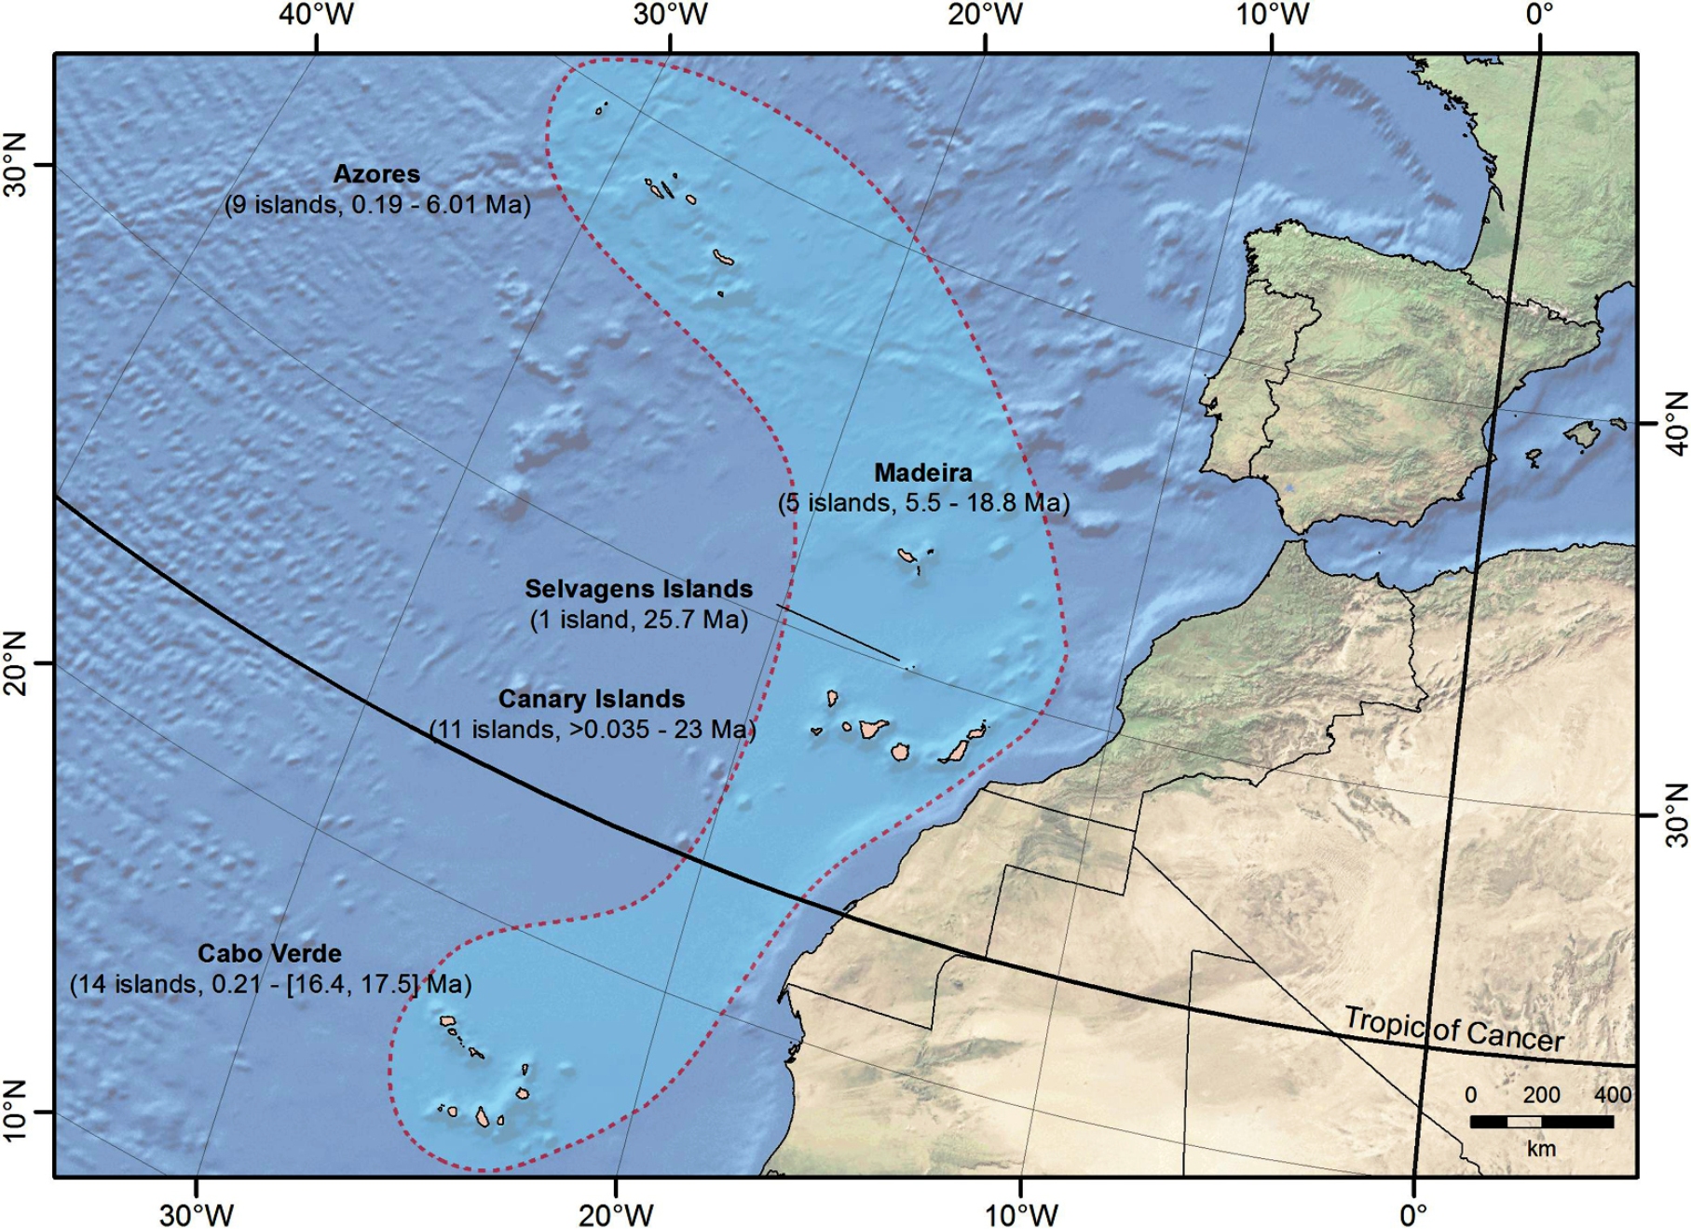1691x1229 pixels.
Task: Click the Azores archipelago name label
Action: pyautogui.click(x=376, y=174)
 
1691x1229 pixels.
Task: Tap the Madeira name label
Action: pyautogui.click(x=922, y=472)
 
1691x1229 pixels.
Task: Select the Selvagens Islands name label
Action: pyautogui.click(x=638, y=589)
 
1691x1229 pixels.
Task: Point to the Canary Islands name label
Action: pyautogui.click(x=592, y=699)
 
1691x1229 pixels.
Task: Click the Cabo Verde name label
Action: pyautogui.click(x=269, y=953)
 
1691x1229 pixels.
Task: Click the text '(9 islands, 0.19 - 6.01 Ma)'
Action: pyautogui.click(x=377, y=204)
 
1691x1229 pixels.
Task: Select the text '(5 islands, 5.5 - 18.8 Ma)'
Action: pyautogui.click(x=923, y=503)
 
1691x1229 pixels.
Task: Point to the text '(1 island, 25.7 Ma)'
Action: pyautogui.click(x=639, y=620)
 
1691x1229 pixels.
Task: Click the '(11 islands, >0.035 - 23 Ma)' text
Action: pyautogui.click(x=593, y=729)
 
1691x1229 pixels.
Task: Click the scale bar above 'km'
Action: pyautogui.click(x=1541, y=1122)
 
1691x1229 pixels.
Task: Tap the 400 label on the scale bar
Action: pyautogui.click(x=1612, y=1095)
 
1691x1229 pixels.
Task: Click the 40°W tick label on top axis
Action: pyautogui.click(x=316, y=15)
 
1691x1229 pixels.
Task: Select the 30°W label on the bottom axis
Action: pyautogui.click(x=196, y=1214)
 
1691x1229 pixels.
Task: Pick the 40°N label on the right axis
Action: pyautogui.click(x=1674, y=423)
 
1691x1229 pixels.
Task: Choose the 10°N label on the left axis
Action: pyautogui.click(x=15, y=1111)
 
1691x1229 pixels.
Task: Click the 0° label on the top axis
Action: pyautogui.click(x=1540, y=15)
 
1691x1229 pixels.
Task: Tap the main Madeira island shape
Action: pyautogui.click(x=905, y=555)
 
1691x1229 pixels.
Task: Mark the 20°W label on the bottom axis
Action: pyautogui.click(x=615, y=1214)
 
